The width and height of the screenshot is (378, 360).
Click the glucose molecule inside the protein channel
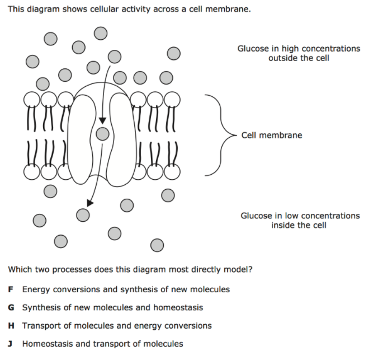[102, 133]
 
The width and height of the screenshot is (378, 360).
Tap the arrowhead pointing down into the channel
[102, 121]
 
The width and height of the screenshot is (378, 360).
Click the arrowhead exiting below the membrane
[91, 202]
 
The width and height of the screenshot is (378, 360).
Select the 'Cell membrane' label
[271, 135]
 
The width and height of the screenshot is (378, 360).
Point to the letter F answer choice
[11, 289]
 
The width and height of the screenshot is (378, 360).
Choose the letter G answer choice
[11, 307]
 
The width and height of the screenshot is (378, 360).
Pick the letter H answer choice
[11, 325]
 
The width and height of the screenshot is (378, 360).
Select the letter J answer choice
[11, 343]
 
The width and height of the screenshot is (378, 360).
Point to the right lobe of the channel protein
[120, 140]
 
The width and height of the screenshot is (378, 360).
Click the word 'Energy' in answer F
[35, 289]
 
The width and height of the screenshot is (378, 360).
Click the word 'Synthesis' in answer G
[40, 307]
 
